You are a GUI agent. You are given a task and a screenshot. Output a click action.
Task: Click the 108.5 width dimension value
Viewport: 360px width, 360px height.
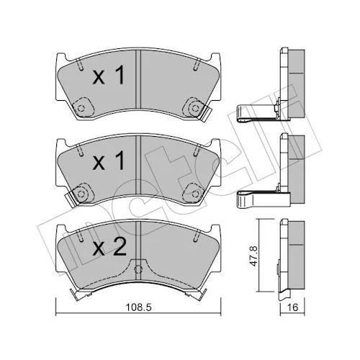[x=139, y=307]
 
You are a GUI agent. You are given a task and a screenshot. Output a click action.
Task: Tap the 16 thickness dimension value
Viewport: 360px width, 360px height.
[x=292, y=307]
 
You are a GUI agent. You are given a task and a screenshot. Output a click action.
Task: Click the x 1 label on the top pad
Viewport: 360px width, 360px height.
[x=109, y=75]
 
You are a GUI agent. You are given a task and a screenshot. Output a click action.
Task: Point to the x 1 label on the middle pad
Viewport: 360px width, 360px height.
[x=109, y=161]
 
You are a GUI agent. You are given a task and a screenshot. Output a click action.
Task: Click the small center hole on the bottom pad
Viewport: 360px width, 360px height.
[x=138, y=269]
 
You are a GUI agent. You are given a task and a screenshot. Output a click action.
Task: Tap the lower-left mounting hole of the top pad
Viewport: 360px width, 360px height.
[x=81, y=108]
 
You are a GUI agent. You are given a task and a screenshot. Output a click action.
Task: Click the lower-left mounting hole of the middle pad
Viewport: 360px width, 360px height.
[x=81, y=194]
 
